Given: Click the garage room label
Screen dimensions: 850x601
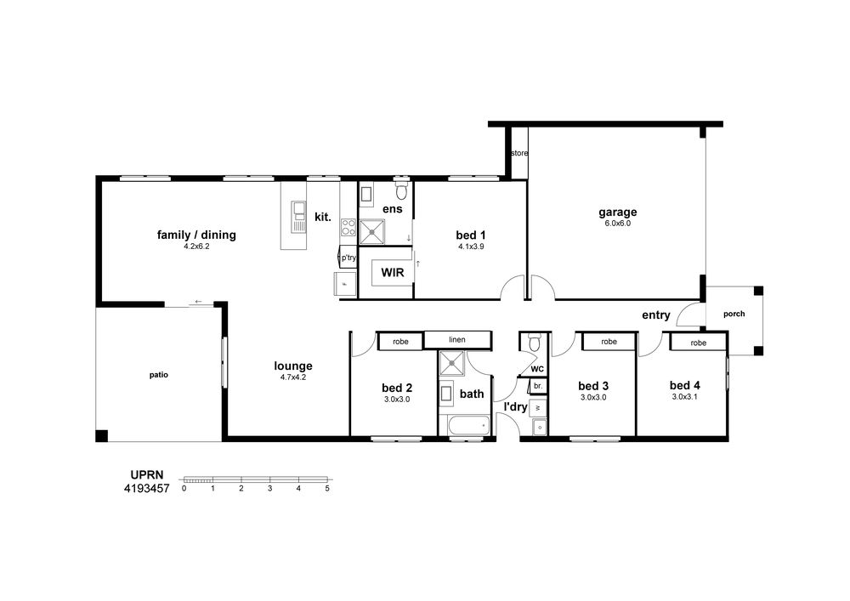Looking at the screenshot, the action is click(x=617, y=212).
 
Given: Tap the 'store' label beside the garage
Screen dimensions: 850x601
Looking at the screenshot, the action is click(x=519, y=153).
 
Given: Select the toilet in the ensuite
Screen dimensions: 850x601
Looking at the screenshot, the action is click(x=401, y=190).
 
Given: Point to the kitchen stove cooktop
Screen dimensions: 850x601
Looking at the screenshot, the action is click(x=348, y=228).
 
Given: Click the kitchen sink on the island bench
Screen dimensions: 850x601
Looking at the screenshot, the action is click(x=298, y=217).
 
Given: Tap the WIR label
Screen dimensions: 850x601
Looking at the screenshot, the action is click(x=393, y=272).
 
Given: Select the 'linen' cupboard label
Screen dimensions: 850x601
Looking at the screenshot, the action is click(x=457, y=340).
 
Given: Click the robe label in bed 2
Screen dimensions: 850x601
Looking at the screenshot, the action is click(x=400, y=342).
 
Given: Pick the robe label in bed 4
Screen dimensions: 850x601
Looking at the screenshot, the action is click(x=698, y=343).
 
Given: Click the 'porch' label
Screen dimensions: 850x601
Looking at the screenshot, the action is click(x=734, y=314).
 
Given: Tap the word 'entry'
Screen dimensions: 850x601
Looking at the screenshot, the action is click(x=656, y=315).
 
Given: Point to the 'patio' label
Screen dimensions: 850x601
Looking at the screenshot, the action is click(x=159, y=375).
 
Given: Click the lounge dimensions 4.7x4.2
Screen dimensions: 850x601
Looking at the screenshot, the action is click(x=293, y=377).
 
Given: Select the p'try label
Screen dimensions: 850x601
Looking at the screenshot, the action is click(x=348, y=258).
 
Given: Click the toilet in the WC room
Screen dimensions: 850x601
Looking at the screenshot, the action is click(x=535, y=342).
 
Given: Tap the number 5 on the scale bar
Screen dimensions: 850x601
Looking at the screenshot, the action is click(x=327, y=488).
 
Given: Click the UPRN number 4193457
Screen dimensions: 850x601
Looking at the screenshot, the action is click(x=147, y=488).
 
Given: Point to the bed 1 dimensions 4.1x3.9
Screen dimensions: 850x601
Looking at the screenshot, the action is click(x=471, y=247).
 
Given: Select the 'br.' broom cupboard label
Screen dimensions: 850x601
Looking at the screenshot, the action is click(x=538, y=387).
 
